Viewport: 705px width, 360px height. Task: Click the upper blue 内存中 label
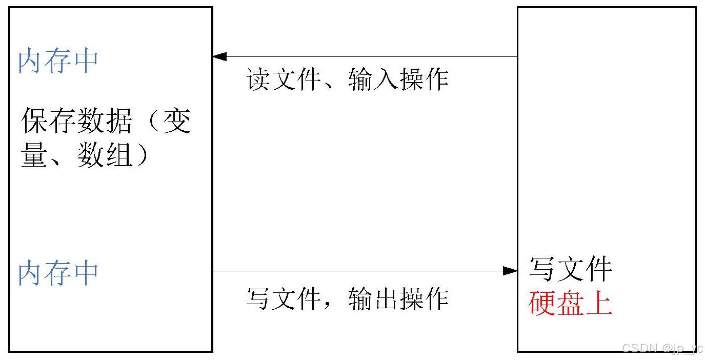point(58,62)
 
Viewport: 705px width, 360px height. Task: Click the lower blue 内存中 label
point(58,273)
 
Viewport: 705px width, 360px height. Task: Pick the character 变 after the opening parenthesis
point(177,122)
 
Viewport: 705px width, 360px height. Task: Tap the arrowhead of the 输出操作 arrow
point(510,271)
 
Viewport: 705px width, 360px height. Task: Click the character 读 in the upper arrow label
point(258,80)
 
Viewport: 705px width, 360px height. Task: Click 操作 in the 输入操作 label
point(424,80)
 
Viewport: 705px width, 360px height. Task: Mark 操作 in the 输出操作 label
point(424,298)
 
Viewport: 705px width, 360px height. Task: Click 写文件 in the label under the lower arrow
point(284,298)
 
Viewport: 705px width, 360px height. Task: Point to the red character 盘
point(570,303)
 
